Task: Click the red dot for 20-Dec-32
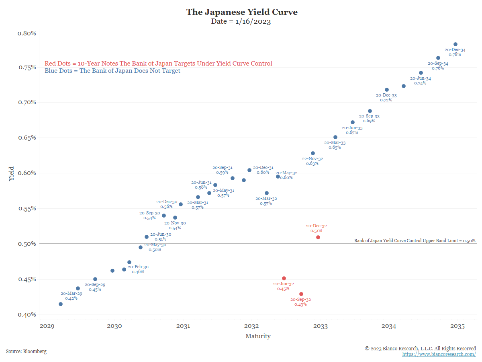point(318,237)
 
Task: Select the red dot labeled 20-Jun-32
point(284,278)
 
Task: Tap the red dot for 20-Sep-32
point(301,294)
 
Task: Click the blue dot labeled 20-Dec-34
point(455,44)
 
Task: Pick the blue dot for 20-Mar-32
point(267,193)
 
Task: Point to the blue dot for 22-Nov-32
point(313,153)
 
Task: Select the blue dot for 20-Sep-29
point(95,279)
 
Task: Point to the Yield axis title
point(11,173)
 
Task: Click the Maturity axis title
point(258,336)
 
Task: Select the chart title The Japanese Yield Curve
point(242,12)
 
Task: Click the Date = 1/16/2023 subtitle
point(241,22)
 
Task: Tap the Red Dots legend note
point(158,64)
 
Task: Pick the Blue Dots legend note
point(112,71)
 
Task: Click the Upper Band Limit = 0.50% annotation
point(415,241)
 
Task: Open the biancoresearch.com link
point(439,354)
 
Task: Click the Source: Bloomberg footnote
point(26,352)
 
